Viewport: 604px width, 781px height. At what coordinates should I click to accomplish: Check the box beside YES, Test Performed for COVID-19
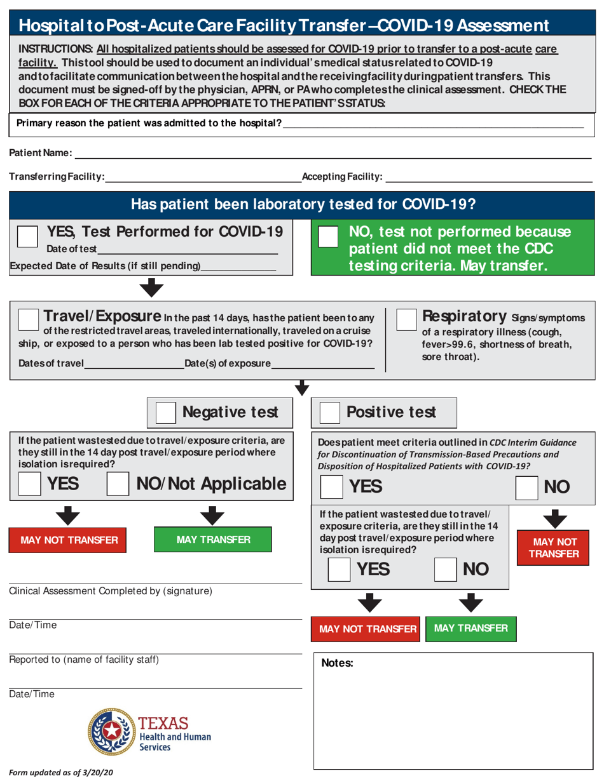point(26,236)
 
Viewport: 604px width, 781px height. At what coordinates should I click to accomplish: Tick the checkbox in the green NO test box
point(328,237)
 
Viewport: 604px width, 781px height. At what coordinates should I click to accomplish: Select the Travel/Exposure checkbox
point(28,320)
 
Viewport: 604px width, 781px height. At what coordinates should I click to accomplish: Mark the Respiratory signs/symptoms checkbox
point(407,319)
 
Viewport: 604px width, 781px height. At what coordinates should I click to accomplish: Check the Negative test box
point(165,413)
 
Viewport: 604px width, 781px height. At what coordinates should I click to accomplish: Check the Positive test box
point(329,413)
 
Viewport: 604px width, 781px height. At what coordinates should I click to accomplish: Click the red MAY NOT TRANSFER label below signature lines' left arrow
point(69,540)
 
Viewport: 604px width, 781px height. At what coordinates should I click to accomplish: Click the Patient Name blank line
point(331,154)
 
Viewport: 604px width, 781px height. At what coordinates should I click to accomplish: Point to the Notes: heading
point(338,664)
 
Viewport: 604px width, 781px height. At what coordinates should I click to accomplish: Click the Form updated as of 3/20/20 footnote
point(61,773)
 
